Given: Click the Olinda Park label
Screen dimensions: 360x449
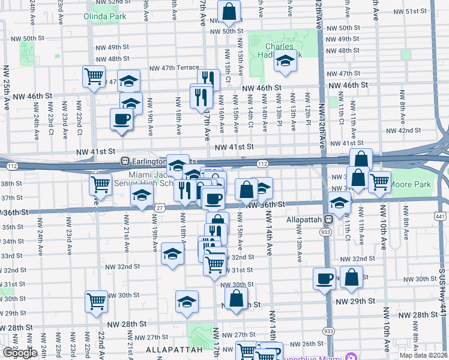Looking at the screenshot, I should (105, 16).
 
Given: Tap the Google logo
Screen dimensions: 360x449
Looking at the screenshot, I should (20, 353).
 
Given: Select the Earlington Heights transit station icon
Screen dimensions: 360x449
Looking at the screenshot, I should (125, 161).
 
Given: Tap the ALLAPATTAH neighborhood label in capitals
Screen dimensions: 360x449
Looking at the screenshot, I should (172, 349).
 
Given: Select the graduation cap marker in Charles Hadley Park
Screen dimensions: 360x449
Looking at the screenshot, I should (286, 61).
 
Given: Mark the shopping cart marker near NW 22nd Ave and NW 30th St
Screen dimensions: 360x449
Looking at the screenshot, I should (96, 301).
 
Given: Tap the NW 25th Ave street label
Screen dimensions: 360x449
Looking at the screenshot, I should (7, 88).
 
